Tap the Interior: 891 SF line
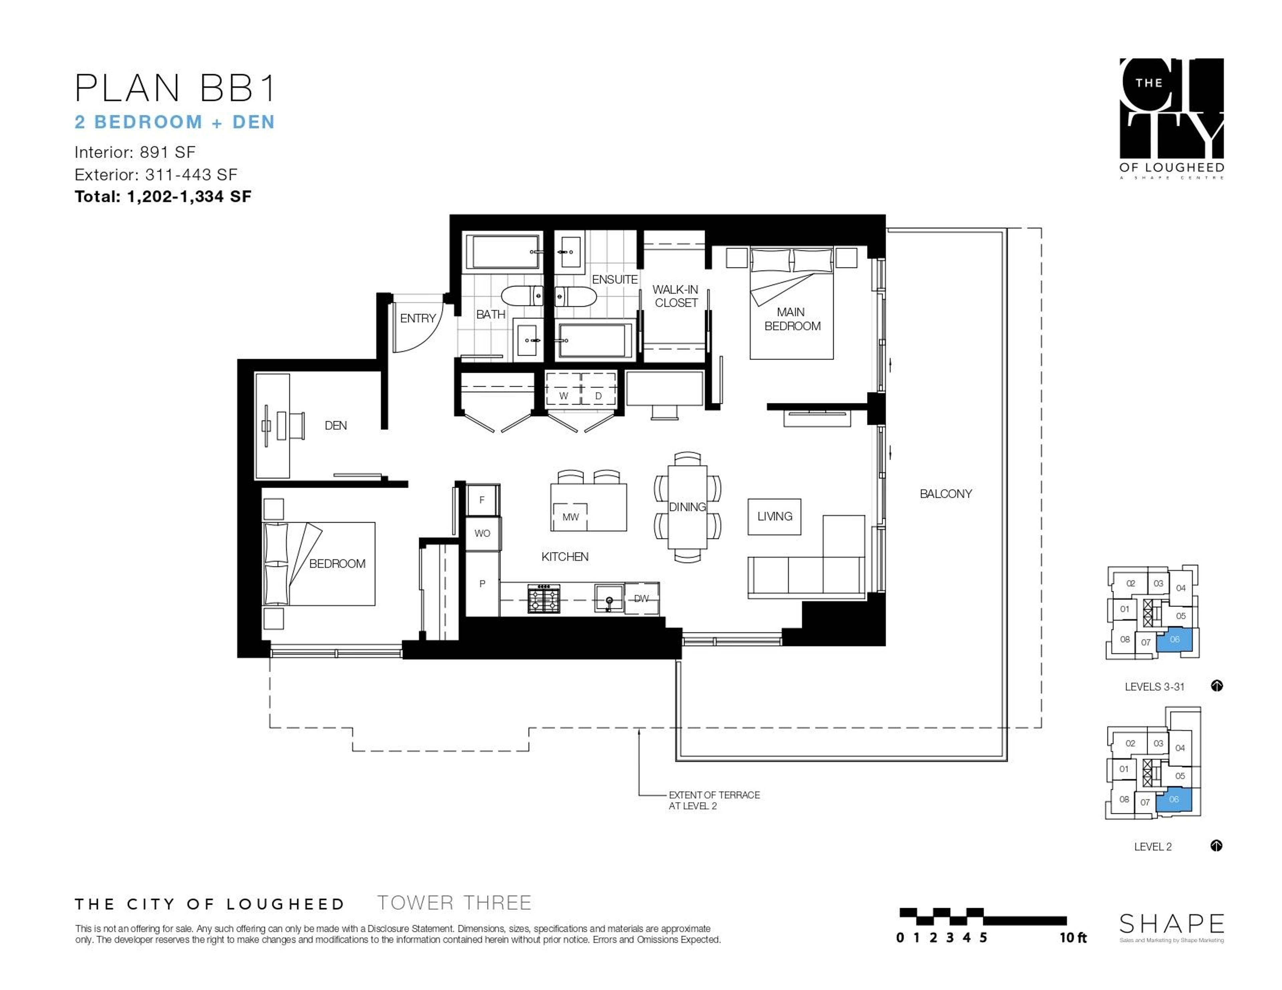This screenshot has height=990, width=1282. tap(135, 152)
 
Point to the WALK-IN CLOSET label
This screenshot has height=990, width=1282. tap(676, 296)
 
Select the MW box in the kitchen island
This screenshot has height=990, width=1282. tap(570, 517)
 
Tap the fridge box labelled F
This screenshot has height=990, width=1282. tap(482, 500)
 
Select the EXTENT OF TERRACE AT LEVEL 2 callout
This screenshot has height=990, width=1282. tap(714, 800)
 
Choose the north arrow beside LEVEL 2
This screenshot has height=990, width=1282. tap(1216, 846)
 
